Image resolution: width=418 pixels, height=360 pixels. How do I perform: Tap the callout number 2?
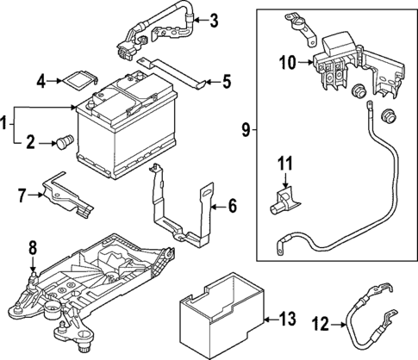tap(31, 143)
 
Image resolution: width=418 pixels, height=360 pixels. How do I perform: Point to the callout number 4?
tap(41, 82)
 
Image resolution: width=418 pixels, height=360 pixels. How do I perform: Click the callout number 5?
tap(227, 83)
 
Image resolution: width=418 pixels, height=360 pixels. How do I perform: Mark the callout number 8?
tap(33, 249)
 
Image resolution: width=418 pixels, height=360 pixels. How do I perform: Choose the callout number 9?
tap(246, 130)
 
